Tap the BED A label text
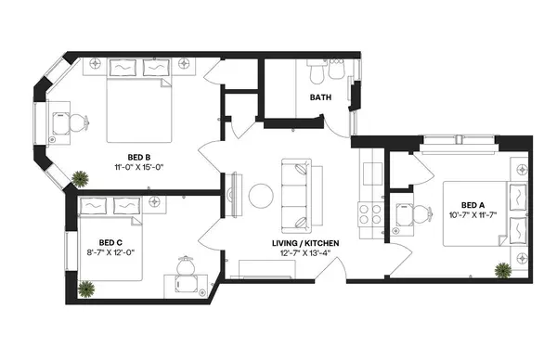click(473, 205)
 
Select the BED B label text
click(140, 156)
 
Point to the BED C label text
click(97, 239)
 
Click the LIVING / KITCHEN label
click(304, 243)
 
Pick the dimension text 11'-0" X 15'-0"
click(140, 168)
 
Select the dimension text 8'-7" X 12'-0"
click(97, 251)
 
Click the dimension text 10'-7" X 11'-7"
click(473, 216)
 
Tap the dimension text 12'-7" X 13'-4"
click(304, 254)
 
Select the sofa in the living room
click(298, 196)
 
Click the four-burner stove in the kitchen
click(370, 210)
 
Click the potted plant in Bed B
click(82, 177)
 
